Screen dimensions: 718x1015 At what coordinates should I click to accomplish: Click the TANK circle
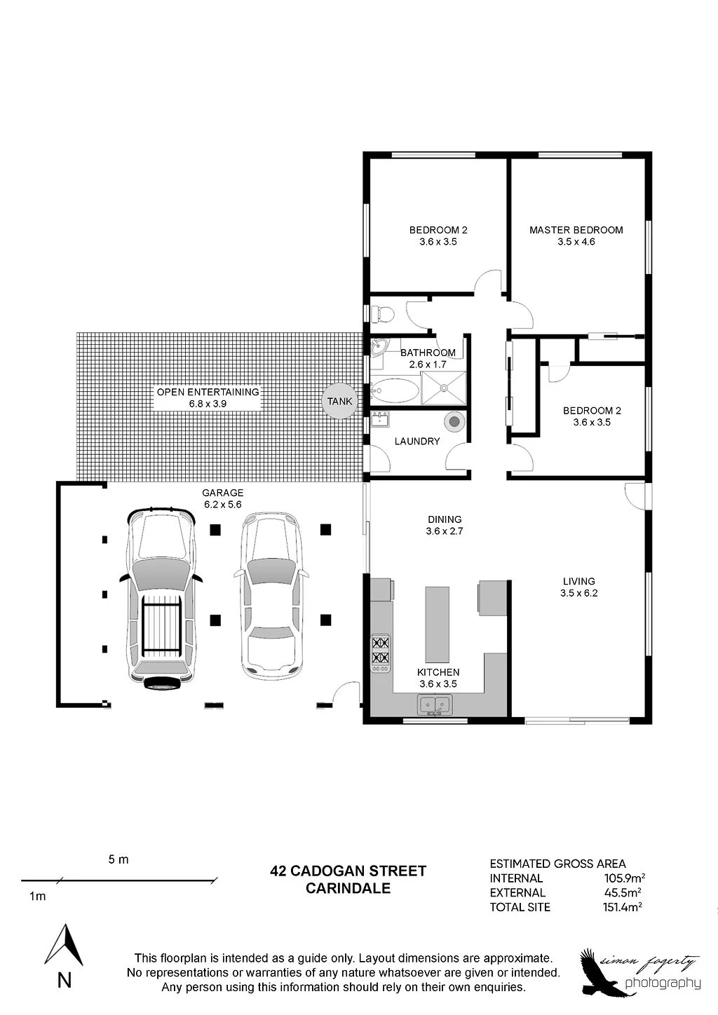tap(339, 401)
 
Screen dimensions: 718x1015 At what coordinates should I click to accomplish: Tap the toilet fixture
tap(381, 313)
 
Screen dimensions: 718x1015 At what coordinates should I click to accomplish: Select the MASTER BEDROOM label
tap(576, 230)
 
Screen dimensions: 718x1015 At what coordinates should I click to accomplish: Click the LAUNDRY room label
tap(417, 442)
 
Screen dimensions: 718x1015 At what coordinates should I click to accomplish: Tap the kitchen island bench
tap(437, 625)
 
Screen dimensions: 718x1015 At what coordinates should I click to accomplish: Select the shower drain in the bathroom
tap(444, 388)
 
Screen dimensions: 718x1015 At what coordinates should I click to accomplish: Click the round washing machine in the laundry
tap(454, 422)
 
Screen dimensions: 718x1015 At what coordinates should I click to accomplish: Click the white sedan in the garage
tap(271, 595)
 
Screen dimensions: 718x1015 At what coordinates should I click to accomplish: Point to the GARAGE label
tap(222, 493)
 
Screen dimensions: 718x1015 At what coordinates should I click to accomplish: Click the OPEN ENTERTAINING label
tap(208, 392)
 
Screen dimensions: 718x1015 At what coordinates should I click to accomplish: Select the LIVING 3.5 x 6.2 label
tap(579, 587)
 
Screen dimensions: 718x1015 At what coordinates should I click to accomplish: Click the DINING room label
tap(445, 519)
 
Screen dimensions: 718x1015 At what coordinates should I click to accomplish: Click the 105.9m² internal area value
tap(625, 878)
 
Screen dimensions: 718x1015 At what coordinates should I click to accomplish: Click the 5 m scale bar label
tap(118, 859)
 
